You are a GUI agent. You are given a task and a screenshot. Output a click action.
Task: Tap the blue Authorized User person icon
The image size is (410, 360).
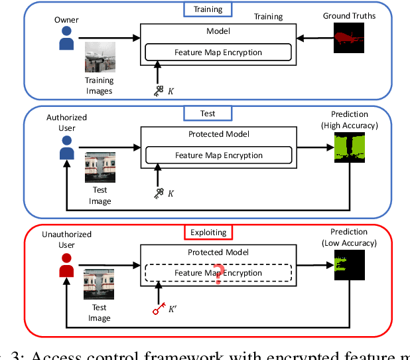tap(66, 151)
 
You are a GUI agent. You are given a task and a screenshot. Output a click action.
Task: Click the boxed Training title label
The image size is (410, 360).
tap(208, 10)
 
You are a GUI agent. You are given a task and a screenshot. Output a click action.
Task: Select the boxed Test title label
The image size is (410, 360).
tap(208, 114)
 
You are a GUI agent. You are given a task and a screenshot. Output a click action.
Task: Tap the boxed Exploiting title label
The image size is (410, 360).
tap(209, 232)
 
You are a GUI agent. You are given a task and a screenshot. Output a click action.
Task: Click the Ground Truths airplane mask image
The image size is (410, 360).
tap(348, 39)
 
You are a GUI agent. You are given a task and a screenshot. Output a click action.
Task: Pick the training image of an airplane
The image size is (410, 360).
tap(100, 56)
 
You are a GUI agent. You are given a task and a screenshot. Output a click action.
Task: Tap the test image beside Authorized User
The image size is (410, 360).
tap(100, 168)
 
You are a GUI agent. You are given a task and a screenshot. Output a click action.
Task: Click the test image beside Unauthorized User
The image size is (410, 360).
tap(100, 285)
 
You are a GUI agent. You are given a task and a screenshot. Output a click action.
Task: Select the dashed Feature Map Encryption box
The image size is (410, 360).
tap(218, 273)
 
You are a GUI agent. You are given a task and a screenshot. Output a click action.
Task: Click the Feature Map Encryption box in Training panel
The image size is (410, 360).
tap(218, 52)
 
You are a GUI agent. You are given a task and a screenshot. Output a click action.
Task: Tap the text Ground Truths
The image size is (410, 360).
tap(348, 15)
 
